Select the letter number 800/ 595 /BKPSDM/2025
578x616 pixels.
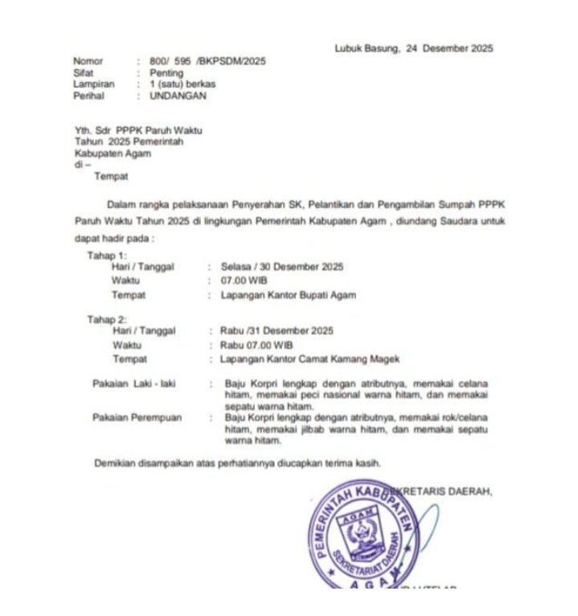[x=207, y=62]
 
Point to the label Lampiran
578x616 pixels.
[x=94, y=84]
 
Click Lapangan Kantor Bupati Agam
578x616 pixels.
[x=288, y=295]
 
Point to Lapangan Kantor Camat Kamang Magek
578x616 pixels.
[x=309, y=358]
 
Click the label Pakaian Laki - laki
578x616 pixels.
[x=133, y=384]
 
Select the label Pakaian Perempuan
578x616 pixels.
[x=137, y=418]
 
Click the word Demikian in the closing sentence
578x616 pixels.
[x=117, y=463]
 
